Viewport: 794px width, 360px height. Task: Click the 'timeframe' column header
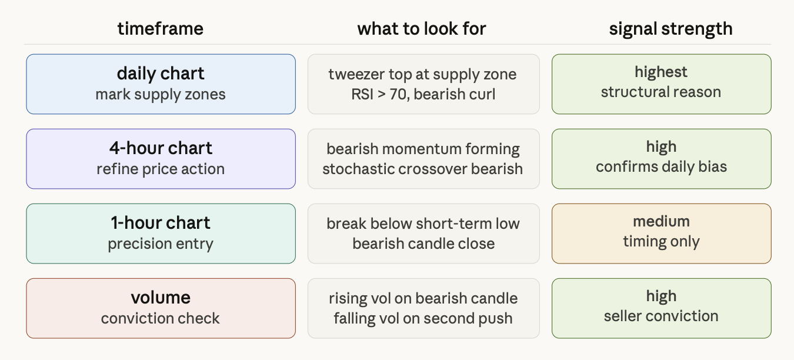(x=161, y=29)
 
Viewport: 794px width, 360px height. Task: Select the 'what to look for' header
(x=422, y=29)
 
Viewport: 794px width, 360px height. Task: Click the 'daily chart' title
(x=161, y=74)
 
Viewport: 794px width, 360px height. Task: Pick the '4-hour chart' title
(x=161, y=148)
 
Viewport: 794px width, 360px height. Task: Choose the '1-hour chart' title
(x=161, y=223)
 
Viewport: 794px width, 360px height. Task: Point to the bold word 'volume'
(x=161, y=298)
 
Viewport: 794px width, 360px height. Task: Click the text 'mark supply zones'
(x=161, y=95)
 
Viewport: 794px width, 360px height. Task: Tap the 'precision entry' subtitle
(x=161, y=244)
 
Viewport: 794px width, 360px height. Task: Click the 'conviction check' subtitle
(x=161, y=318)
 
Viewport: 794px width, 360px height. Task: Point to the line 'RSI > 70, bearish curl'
(x=423, y=94)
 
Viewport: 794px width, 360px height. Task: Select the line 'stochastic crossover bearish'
(x=422, y=169)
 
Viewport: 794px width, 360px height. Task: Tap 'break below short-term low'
(x=423, y=224)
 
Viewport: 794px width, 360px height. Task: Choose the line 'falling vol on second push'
(x=423, y=318)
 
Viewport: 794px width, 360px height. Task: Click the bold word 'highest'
(x=661, y=72)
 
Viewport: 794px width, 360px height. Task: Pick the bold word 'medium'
(x=662, y=221)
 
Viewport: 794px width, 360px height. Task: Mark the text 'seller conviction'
(x=662, y=316)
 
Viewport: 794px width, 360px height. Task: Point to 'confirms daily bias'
(x=662, y=167)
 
